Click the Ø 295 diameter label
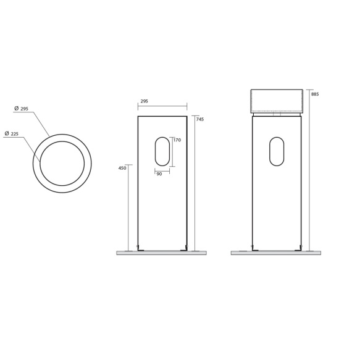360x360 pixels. (x=21, y=109)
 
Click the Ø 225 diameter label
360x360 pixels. (x=12, y=133)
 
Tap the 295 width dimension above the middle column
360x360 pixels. (x=144, y=101)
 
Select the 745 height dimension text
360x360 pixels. (x=200, y=119)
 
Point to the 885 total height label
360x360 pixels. (x=315, y=94)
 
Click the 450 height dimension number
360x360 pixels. (x=122, y=168)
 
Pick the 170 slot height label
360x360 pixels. (x=177, y=140)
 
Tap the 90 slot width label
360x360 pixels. (x=159, y=174)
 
